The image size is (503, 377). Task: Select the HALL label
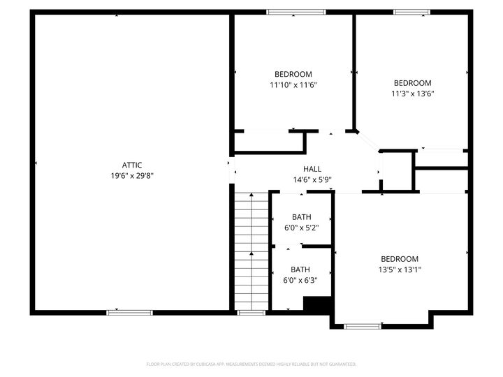(x=312, y=169)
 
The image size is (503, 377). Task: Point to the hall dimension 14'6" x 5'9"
(x=312, y=179)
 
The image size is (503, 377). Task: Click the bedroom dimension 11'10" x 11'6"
(x=293, y=85)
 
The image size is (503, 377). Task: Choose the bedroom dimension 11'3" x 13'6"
(x=412, y=94)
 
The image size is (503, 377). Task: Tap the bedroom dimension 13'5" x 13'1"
(x=400, y=269)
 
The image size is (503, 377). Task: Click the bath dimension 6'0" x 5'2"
(x=301, y=228)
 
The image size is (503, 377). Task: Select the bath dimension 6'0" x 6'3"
(x=300, y=281)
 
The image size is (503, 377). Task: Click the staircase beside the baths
(x=251, y=251)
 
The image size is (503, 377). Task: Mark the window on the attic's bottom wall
(x=129, y=312)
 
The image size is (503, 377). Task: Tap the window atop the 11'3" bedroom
(x=411, y=12)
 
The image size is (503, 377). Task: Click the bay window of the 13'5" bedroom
(x=363, y=325)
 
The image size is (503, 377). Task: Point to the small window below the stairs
(x=251, y=312)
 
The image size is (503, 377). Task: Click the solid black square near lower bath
(x=317, y=304)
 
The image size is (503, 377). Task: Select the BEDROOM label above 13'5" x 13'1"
(x=400, y=258)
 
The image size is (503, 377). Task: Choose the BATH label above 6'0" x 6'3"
(x=300, y=269)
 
